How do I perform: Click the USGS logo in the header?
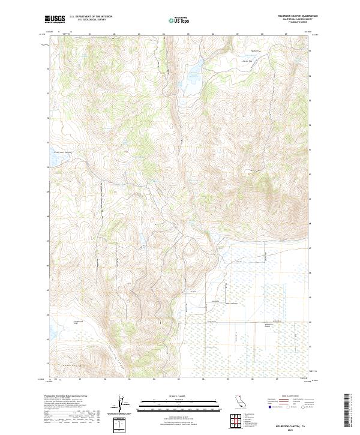(x=55, y=19)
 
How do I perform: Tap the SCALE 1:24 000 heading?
(x=179, y=397)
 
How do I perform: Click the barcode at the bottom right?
(x=349, y=412)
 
